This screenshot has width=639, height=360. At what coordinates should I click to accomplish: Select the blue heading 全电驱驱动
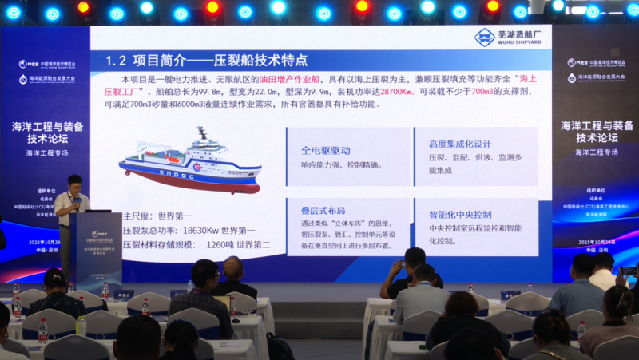pyautogui.click(x=325, y=150)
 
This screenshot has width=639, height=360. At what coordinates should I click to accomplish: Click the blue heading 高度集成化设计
pyautogui.click(x=459, y=144)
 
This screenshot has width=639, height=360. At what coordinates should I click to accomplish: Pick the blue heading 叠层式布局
pyautogui.click(x=323, y=211)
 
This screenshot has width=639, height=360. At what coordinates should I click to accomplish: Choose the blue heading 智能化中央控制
pyautogui.click(x=460, y=215)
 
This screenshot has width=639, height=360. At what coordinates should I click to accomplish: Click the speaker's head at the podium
pyautogui.click(x=74, y=183)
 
